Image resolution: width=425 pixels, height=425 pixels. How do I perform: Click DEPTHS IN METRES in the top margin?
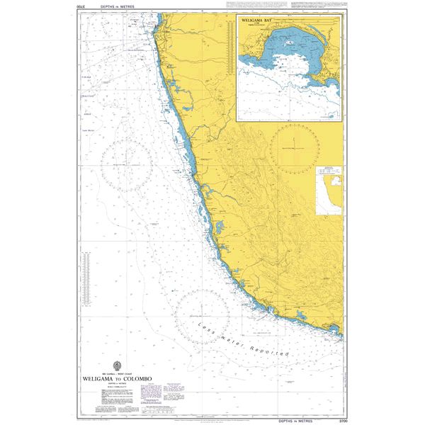102,6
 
